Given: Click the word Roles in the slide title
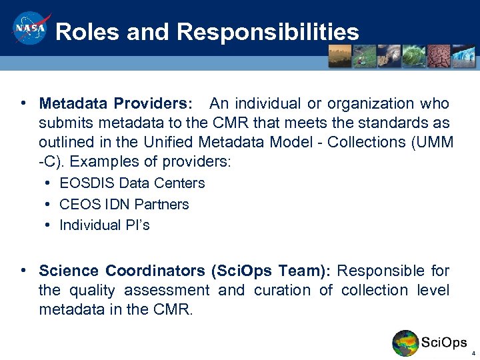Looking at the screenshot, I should click(x=83, y=32).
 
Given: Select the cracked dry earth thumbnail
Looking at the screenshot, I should click(x=439, y=56).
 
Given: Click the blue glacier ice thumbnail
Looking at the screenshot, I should click(x=463, y=56).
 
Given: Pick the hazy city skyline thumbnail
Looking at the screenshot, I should click(x=341, y=56).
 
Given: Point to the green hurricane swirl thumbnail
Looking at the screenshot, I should click(x=414, y=56).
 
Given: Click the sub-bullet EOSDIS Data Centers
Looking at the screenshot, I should click(x=132, y=183).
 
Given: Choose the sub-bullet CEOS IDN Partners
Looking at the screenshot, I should click(x=124, y=205).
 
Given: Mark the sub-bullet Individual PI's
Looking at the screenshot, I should click(x=105, y=225).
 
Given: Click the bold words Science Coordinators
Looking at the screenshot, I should click(x=122, y=271).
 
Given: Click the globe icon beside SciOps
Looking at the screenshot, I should click(x=405, y=343).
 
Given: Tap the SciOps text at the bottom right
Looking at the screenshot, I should click(x=444, y=343).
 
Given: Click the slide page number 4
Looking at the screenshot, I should click(x=473, y=353).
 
